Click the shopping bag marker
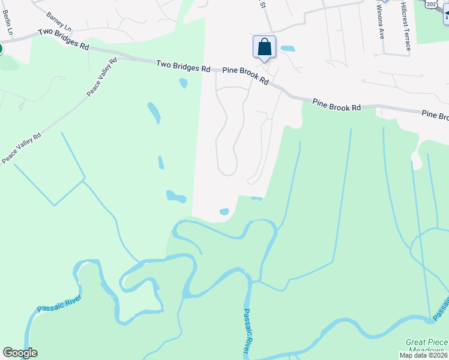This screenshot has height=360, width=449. point(265,47)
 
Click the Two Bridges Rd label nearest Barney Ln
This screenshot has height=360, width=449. point(63,39)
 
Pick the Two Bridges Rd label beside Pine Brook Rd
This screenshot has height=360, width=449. point(183,65)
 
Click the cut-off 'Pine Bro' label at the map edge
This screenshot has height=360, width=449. point(435,115)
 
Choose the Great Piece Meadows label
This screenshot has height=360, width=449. point(426,346)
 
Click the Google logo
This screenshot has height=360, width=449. point(20,353)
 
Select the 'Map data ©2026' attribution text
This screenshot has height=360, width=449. point(423,355)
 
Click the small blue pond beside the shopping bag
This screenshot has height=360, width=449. point(288,48)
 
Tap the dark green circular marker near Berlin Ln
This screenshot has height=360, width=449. point(1,48)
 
